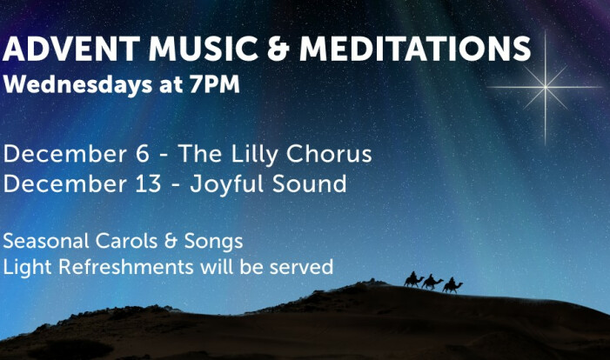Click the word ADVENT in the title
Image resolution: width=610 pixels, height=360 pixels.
pos(71,49)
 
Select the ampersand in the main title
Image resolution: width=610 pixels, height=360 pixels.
pos(278,49)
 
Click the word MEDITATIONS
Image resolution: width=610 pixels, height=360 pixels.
pos(415,49)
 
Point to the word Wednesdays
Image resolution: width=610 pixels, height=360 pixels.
pos(77,84)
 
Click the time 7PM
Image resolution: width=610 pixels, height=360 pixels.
pos(214,84)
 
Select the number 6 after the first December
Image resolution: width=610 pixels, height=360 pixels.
pos(143,154)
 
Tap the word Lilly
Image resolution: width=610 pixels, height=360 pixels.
pos(254,155)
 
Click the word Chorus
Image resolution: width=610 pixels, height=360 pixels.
pos(329,154)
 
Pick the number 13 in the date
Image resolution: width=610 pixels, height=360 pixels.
pos(148,183)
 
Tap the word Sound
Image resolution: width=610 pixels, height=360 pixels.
pos(309,183)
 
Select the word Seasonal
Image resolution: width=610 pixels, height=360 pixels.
pos(46,241)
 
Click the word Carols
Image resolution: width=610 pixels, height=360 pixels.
pos(126,241)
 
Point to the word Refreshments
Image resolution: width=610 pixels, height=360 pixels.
pos(125,267)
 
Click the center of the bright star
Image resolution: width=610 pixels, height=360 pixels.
pos(546,88)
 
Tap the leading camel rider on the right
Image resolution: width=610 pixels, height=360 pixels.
pos(452,285)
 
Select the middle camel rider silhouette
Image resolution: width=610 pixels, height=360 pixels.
pos(432,283)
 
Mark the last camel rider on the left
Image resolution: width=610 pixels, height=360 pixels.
pos(413,279)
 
